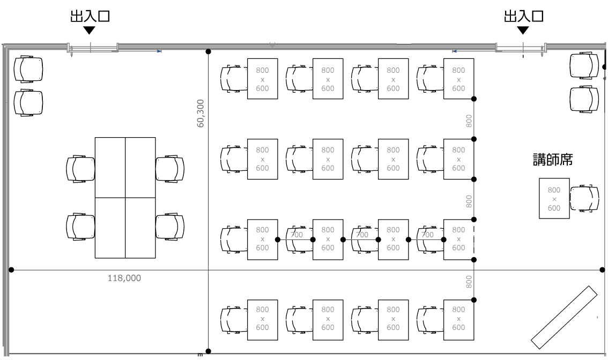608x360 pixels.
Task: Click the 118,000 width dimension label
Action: [124, 278]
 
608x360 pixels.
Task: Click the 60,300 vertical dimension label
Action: [201, 114]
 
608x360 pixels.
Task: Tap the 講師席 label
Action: [553, 160]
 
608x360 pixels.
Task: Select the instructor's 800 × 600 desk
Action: [554, 198]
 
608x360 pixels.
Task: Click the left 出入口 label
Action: [90, 16]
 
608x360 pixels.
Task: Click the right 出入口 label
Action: [523, 16]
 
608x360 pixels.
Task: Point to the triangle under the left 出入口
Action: [90, 30]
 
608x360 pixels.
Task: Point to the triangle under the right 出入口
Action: [523, 30]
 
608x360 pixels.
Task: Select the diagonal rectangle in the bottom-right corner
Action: [564, 317]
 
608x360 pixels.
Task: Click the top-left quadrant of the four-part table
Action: [110, 167]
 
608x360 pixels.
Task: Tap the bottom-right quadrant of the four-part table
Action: [140, 228]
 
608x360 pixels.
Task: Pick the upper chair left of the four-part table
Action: [80, 169]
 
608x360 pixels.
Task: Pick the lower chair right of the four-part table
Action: [170, 227]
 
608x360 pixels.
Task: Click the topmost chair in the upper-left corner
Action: [28, 69]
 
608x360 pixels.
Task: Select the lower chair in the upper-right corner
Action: [584, 100]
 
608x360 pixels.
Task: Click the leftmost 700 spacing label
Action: [296, 235]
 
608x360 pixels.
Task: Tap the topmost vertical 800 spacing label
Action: [469, 121]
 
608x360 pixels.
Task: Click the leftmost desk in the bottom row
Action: [263, 320]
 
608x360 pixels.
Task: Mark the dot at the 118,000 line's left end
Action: [11, 269]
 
